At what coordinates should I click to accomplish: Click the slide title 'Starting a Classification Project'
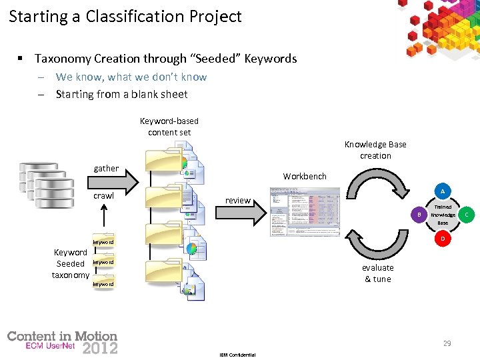(x=125, y=17)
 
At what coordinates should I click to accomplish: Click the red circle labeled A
(x=442, y=191)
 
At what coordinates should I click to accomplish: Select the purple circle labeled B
(x=419, y=215)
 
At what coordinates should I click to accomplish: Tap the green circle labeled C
(x=467, y=215)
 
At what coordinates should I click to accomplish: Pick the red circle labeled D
(x=442, y=239)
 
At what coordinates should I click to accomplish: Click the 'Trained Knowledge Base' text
(x=443, y=215)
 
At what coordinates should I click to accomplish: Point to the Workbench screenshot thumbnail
(x=305, y=211)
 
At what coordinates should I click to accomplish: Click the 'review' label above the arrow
(x=238, y=200)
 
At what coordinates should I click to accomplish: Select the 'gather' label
(x=106, y=169)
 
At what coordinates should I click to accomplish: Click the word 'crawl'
(x=103, y=196)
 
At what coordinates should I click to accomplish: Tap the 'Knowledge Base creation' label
(x=375, y=150)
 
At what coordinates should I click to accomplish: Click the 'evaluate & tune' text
(x=377, y=273)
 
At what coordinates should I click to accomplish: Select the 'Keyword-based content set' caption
(x=169, y=127)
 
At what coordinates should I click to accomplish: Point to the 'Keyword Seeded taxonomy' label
(x=71, y=263)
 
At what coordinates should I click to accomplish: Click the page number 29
(x=447, y=343)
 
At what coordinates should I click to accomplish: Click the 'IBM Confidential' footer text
(x=237, y=355)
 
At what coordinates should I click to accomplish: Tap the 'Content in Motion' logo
(x=62, y=342)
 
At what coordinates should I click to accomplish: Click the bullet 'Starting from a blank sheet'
(x=121, y=95)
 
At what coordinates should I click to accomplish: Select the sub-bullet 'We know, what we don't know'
(x=131, y=77)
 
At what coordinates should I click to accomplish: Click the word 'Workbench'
(x=305, y=177)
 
